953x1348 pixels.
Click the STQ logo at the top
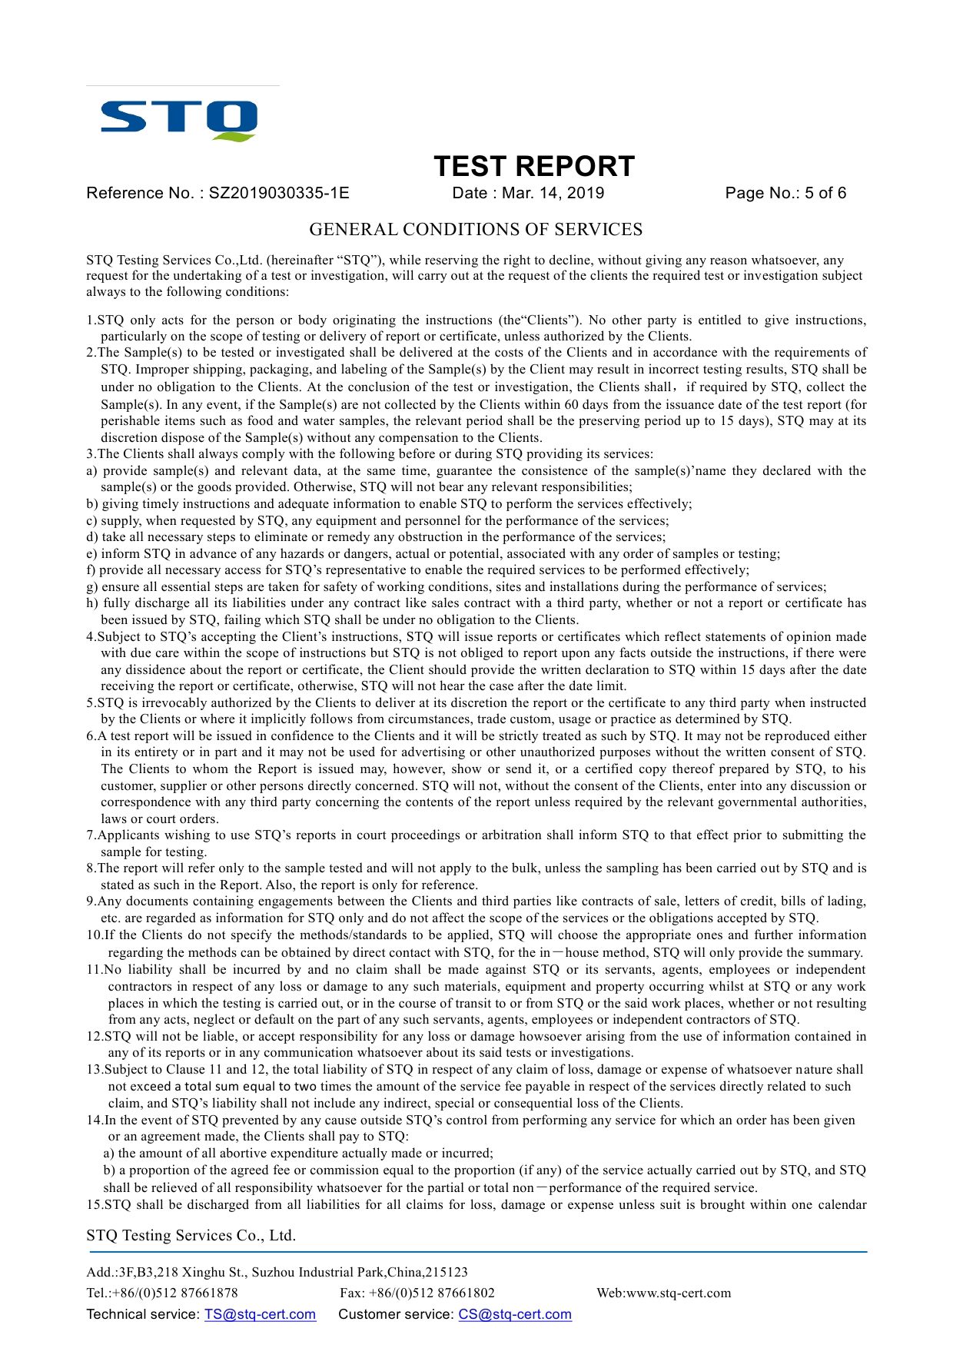point(179,120)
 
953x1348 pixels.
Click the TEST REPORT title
point(534,166)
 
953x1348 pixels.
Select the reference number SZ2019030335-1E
point(279,193)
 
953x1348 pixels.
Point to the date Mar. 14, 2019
point(553,193)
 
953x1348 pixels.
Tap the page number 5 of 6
point(825,193)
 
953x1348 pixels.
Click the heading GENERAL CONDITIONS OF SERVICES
point(476,230)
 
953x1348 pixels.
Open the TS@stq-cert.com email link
point(260,1314)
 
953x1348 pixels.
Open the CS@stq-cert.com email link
point(515,1314)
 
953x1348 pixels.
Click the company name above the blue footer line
point(191,1235)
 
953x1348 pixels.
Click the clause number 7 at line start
point(90,835)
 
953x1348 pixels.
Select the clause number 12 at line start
point(94,1037)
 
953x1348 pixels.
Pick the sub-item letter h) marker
point(91,603)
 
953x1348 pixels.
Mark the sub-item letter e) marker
point(91,554)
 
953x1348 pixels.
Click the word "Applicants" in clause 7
point(128,835)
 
